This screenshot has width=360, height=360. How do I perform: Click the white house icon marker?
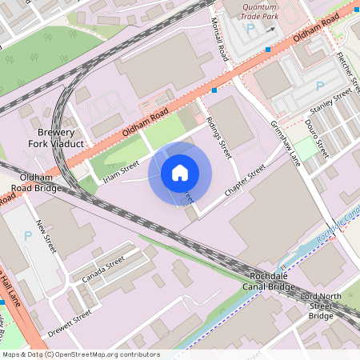180,172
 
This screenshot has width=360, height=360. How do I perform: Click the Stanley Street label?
331,102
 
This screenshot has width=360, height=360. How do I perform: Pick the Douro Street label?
317,137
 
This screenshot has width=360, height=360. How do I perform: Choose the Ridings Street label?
218,136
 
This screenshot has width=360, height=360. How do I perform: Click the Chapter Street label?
245,182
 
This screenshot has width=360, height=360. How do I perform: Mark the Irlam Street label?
120,170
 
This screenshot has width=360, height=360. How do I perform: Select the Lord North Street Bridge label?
322,306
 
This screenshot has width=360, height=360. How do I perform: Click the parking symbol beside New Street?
29,235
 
